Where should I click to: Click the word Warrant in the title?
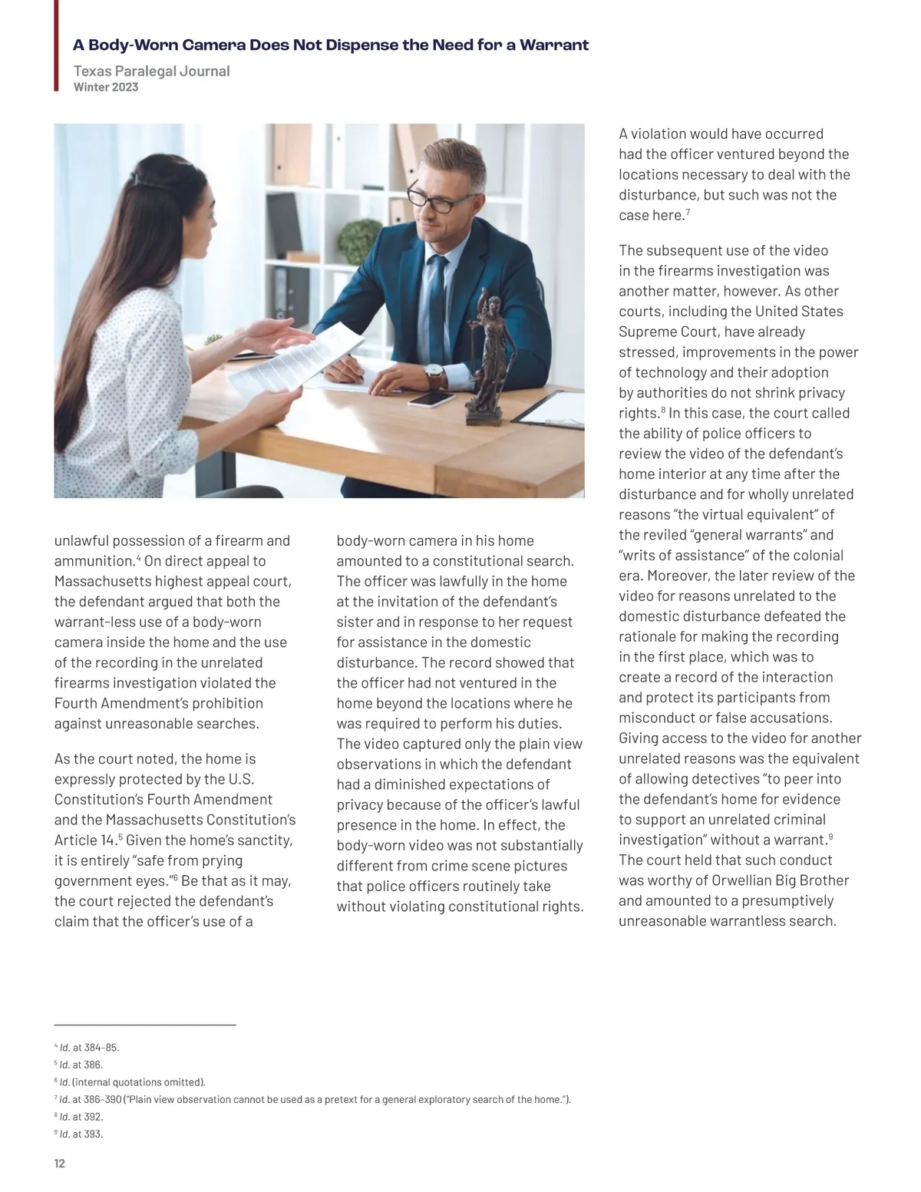554,45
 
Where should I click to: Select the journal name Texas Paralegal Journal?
151,71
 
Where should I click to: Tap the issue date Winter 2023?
106,87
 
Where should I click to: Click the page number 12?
60,1163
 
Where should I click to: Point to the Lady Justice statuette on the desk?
490,353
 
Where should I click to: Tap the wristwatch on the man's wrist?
434,374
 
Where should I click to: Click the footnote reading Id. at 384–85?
89,1047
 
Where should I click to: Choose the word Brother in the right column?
824,880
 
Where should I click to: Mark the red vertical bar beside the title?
56,46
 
